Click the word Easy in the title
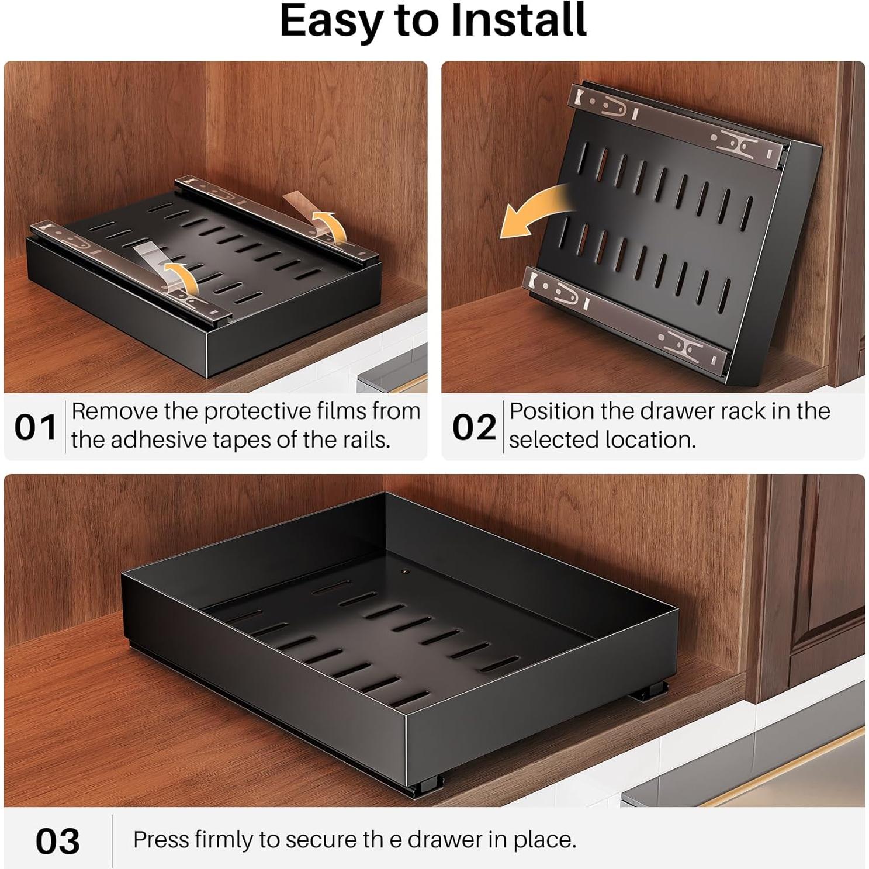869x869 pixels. coord(330,22)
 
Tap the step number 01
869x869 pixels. coord(35,427)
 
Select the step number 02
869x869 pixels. coord(473,427)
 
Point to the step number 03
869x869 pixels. coord(57,842)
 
